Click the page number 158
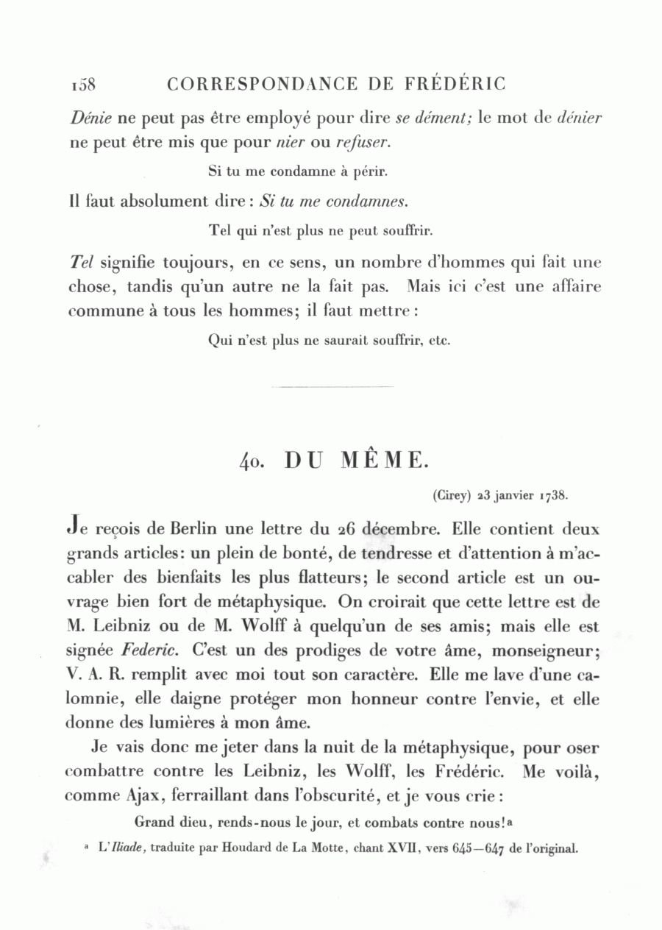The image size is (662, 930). [x=84, y=85]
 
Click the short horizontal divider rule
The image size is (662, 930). [x=332, y=386]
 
